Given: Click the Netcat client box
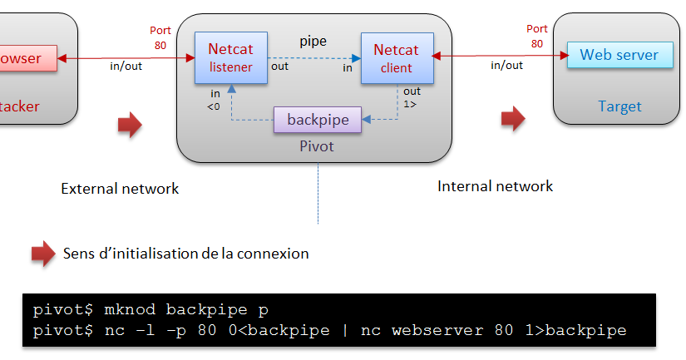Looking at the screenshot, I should point(396,58).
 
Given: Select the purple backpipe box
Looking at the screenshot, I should point(318,120).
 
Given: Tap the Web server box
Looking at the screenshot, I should point(619,56).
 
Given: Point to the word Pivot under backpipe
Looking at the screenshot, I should point(316,146).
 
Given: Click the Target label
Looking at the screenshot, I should point(619,106).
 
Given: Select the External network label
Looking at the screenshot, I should point(120,189).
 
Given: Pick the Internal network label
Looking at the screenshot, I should point(495,186).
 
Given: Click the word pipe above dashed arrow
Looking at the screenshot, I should point(313,40).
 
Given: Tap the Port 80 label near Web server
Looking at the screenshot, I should point(536,36).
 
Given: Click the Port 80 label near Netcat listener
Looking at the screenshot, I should point(160,37).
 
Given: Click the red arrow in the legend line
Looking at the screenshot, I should point(43,254).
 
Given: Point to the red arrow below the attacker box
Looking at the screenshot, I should point(129,125).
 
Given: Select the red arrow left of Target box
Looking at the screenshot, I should point(512,119).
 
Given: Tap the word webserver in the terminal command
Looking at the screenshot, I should point(432,331).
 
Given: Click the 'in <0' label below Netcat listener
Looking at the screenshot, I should point(215,99).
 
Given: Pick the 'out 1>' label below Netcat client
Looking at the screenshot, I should point(412,97).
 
